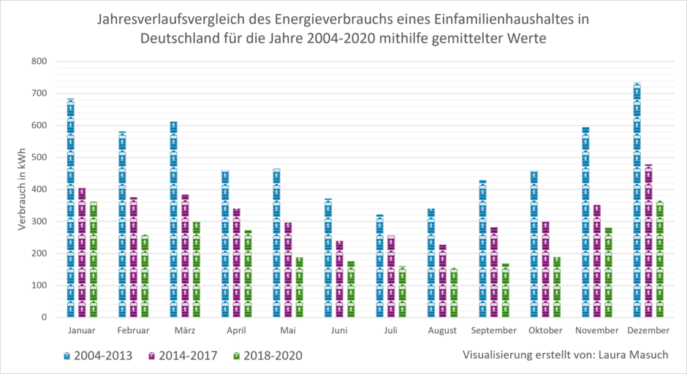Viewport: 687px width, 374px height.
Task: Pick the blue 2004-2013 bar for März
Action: pyautogui.click(x=173, y=219)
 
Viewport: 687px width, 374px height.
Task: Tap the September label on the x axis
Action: pyautogui.click(x=494, y=331)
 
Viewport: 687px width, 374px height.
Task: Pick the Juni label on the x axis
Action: pyautogui.click(x=339, y=331)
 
